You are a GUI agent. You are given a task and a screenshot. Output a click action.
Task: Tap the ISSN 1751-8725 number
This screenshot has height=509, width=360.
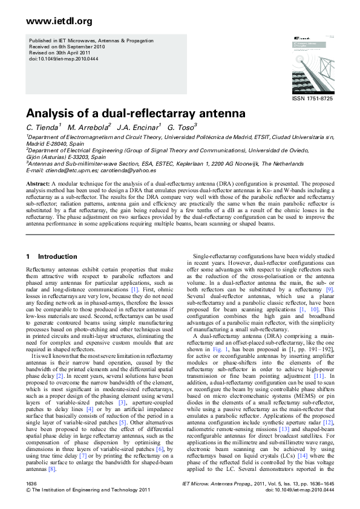click(x=312, y=99)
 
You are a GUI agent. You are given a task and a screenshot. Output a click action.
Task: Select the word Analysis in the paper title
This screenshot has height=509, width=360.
click(x=53, y=113)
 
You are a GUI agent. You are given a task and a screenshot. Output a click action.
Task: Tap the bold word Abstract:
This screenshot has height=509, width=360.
click(x=38, y=182)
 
